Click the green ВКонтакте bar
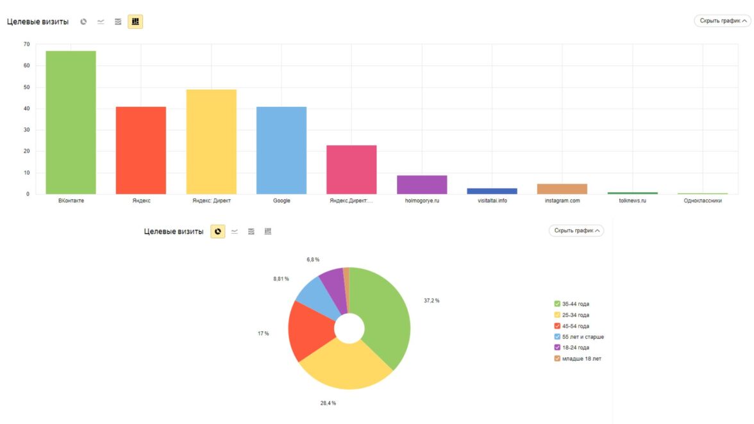71,122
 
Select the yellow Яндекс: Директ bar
211,141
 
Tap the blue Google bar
281,150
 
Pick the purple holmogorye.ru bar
422,184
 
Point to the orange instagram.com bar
562,189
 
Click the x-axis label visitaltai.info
492,200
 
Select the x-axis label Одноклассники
703,200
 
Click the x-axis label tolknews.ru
632,200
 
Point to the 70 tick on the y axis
26,44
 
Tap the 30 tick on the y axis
26,130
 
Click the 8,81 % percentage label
281,279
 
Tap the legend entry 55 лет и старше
583,337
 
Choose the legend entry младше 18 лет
582,359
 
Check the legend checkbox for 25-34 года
558,315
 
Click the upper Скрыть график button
722,21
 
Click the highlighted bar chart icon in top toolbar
135,22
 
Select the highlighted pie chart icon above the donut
218,231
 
